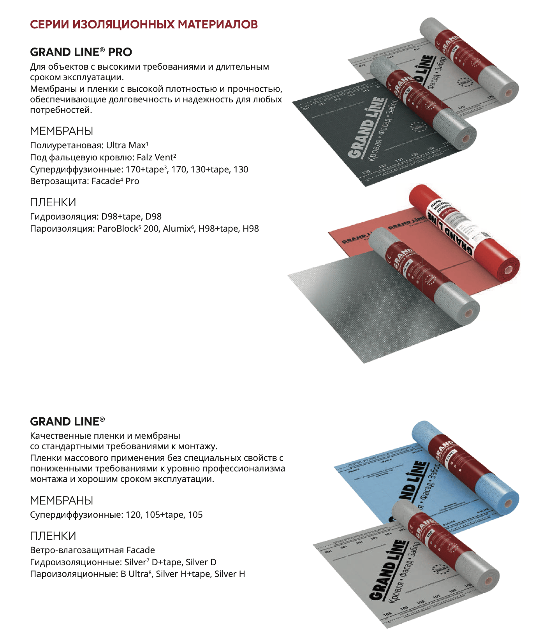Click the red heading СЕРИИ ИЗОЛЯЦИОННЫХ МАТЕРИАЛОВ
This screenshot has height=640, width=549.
click(x=144, y=25)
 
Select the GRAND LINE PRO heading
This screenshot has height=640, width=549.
click(x=81, y=52)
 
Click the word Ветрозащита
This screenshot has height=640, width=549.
click(x=59, y=181)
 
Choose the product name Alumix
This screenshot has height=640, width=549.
click(x=177, y=229)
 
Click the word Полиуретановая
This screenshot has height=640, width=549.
click(x=67, y=146)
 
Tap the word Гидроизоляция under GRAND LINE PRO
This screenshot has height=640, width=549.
click(x=64, y=217)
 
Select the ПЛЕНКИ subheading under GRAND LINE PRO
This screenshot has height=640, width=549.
click(x=53, y=202)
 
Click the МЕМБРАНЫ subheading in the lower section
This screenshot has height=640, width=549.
click(x=62, y=501)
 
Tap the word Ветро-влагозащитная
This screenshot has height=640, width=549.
click(x=77, y=550)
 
